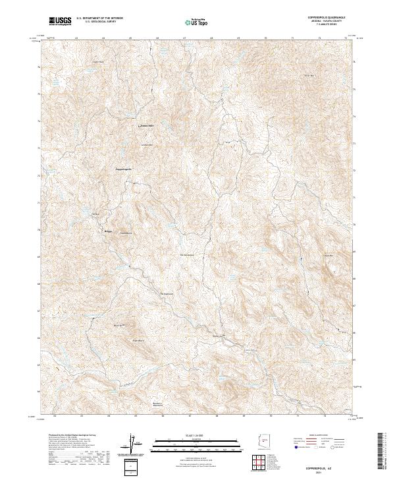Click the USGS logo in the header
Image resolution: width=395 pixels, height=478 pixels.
(x=61, y=22)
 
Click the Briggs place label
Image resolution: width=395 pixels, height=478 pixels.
(x=109, y=232)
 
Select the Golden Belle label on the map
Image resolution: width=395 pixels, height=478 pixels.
(x=145, y=126)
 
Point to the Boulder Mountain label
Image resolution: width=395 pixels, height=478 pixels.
(x=157, y=404)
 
